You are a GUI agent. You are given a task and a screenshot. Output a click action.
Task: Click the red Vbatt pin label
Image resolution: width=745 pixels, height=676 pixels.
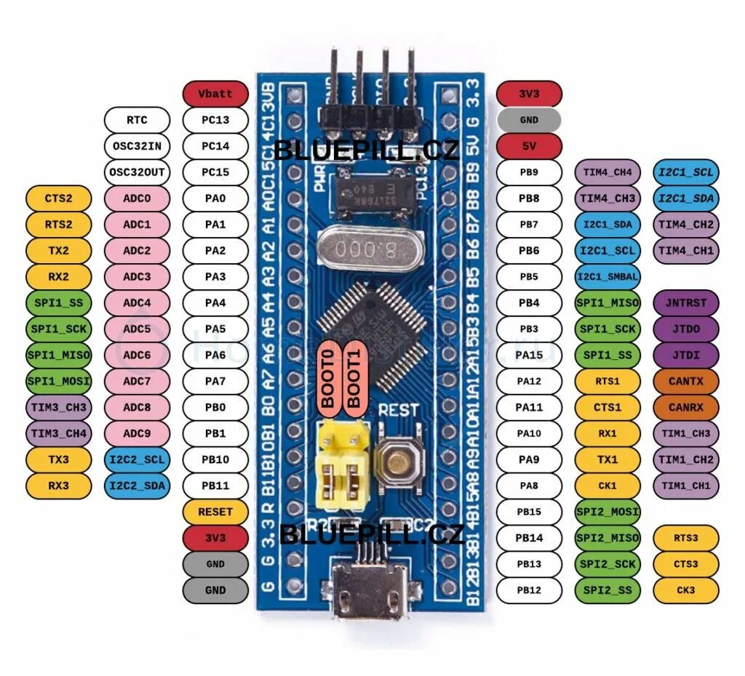(215, 94)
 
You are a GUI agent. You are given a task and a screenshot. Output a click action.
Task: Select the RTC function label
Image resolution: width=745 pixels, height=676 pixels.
(137, 120)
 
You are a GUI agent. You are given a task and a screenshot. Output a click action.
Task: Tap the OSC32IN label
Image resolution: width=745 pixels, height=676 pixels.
(137, 146)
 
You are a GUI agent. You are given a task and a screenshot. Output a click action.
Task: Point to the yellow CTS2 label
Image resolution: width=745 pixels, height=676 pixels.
(58, 198)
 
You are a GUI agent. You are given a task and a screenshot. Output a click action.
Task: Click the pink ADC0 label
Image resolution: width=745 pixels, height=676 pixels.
(137, 198)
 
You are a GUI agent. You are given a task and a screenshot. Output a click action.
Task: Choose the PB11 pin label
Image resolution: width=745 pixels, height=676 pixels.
(215, 486)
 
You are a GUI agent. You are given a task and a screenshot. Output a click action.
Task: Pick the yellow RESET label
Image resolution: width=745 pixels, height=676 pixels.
(215, 512)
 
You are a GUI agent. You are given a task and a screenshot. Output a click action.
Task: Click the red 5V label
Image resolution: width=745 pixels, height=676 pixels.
(529, 146)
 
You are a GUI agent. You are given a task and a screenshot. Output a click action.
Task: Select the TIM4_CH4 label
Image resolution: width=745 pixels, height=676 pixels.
(607, 172)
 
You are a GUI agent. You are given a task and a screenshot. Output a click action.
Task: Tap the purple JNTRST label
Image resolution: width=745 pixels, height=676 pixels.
(686, 303)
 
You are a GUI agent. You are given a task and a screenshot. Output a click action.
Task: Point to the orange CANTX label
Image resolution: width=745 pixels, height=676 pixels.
(686, 381)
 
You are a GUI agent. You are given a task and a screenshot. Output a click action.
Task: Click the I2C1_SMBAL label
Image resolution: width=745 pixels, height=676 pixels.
(607, 277)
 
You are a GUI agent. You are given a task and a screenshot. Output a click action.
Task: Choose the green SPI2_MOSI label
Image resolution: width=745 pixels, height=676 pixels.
(607, 512)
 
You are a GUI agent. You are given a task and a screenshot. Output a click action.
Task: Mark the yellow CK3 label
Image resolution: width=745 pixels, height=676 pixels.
(686, 590)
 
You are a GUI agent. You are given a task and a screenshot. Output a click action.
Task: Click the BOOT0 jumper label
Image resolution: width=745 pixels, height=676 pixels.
(329, 379)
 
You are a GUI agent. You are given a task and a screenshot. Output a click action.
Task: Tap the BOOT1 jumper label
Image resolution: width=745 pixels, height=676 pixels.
(354, 379)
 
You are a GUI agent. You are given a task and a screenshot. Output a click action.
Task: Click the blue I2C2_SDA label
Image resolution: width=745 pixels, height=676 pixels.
(137, 486)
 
